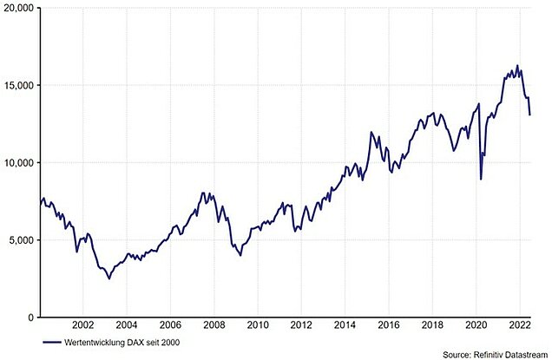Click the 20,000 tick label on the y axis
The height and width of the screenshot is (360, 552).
(x=17, y=8)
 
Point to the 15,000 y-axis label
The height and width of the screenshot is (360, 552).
(x=17, y=85)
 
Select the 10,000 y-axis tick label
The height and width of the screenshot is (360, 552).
(x=17, y=162)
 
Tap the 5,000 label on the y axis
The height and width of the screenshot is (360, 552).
(x=20, y=240)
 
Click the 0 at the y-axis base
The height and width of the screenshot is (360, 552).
(x=30, y=317)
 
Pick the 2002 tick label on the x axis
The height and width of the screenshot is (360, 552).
(x=82, y=327)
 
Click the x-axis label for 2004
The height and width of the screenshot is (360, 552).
(x=126, y=327)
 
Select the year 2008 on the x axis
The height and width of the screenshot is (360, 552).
(x=214, y=327)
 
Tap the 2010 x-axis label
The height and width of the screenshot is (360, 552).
(x=257, y=327)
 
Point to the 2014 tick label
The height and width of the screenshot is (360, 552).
(x=345, y=327)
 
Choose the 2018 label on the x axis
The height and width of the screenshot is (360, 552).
(x=432, y=327)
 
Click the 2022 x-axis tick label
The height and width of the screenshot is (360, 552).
(x=520, y=327)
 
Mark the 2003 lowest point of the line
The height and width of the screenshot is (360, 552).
(x=108, y=278)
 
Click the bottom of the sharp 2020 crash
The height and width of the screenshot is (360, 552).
(x=481, y=180)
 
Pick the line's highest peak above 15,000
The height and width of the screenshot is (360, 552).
(x=517, y=65)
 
